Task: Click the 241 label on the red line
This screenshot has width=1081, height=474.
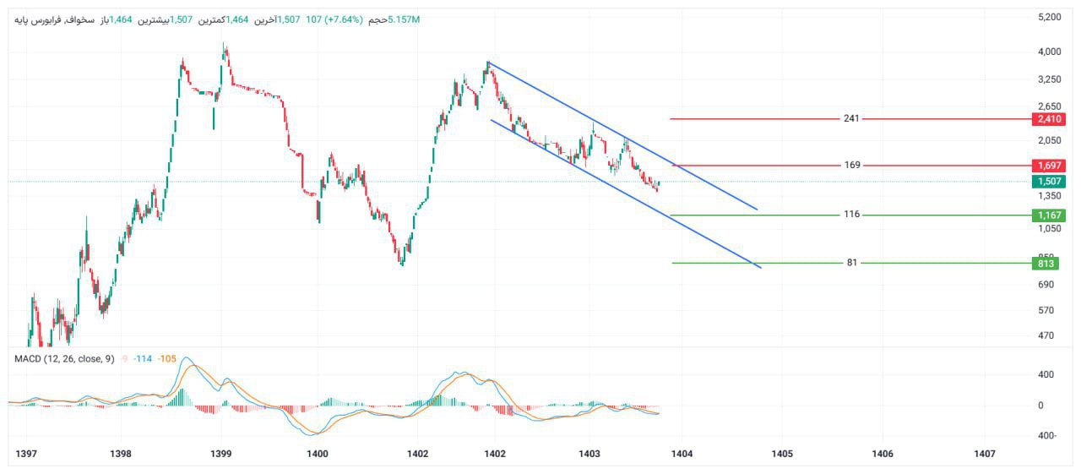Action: [851, 118]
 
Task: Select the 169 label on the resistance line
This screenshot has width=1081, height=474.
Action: [852, 165]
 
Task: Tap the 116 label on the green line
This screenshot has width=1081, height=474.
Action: [851, 215]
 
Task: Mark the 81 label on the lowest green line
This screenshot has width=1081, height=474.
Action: [852, 263]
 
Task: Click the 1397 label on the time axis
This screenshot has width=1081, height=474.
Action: [27, 455]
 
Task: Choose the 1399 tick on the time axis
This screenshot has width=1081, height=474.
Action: [221, 455]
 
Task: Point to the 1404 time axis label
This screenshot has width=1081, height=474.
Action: [682, 455]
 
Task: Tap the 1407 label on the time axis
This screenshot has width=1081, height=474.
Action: [984, 455]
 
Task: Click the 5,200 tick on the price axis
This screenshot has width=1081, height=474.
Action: [1049, 17]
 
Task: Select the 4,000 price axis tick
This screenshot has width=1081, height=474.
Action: [1049, 52]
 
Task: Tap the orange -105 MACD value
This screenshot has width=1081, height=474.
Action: [167, 359]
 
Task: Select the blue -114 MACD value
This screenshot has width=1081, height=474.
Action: [142, 359]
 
